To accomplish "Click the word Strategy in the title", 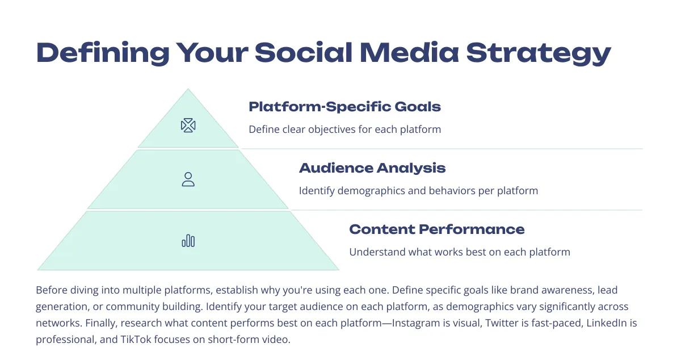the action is (539, 53).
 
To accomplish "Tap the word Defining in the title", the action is (103, 53).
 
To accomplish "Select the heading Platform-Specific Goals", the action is (345, 107).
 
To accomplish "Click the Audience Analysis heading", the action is (372, 168).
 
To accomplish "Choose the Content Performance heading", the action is (437, 229).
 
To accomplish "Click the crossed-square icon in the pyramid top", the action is (188, 125).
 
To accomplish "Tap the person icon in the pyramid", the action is (188, 179).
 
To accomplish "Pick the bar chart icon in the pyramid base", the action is (188, 240).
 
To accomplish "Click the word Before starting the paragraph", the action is (52, 290).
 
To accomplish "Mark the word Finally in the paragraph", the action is (101, 323).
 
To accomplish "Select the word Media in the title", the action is (409, 53).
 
